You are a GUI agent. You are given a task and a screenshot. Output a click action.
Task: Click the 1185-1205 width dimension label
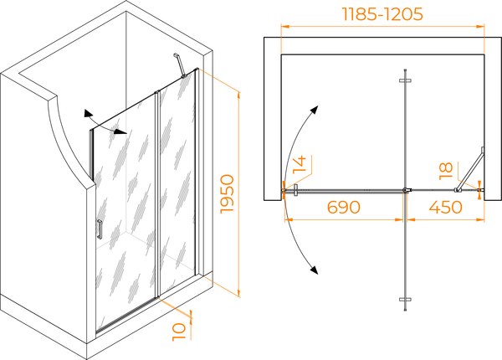click(x=382, y=14)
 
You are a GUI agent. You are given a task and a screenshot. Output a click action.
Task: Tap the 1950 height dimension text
click(x=228, y=193)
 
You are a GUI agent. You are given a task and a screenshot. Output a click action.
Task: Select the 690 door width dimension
click(x=344, y=208)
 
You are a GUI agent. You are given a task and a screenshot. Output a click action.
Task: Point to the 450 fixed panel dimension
click(x=445, y=208)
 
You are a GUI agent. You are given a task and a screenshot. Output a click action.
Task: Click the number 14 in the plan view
click(x=300, y=165)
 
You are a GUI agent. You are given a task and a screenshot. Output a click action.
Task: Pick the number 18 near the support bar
click(x=446, y=171)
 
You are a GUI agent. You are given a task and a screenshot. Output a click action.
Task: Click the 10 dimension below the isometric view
click(x=179, y=332)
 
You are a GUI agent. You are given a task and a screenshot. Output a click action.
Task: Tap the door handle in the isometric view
click(x=100, y=229)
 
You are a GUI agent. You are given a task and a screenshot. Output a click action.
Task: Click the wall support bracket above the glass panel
click(x=180, y=65)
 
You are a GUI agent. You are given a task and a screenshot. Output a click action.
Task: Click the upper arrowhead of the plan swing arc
click(x=315, y=110)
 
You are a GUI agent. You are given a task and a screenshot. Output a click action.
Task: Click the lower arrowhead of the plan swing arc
click(x=315, y=270)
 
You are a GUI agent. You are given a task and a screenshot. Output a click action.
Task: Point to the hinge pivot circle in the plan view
click(x=406, y=190)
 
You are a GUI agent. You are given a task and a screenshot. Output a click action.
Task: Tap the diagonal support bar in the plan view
click(x=469, y=169)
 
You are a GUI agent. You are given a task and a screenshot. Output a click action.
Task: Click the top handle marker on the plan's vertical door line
click(x=405, y=80)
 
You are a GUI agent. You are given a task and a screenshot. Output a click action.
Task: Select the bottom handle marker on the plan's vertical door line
click(x=405, y=300)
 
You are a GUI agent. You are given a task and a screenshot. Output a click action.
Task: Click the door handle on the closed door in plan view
click(x=296, y=190)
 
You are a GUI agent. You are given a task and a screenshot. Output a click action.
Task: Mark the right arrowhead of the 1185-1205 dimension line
click(x=480, y=27)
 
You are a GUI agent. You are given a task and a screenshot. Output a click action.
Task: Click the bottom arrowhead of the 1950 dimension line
click(x=238, y=292)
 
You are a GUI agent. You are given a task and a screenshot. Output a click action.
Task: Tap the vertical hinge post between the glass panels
click(x=157, y=194)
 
